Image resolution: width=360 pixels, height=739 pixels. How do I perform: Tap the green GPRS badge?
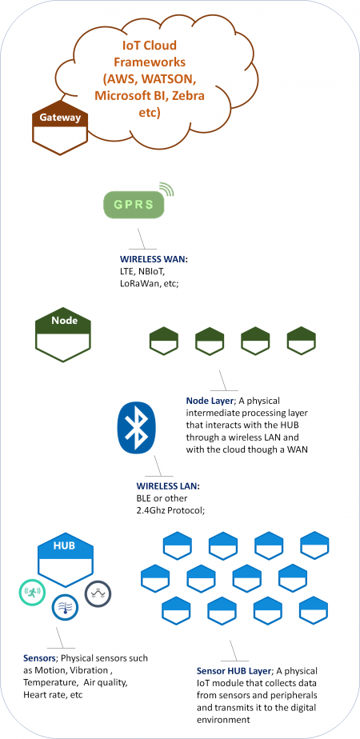coord(134,205)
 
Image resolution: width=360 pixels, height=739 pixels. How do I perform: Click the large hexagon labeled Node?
coord(63,336)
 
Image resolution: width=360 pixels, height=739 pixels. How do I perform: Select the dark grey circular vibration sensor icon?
coord(98,593)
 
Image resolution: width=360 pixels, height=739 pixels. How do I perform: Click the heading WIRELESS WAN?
coord(148,260)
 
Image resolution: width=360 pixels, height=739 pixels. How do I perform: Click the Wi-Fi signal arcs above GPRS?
coord(166,188)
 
